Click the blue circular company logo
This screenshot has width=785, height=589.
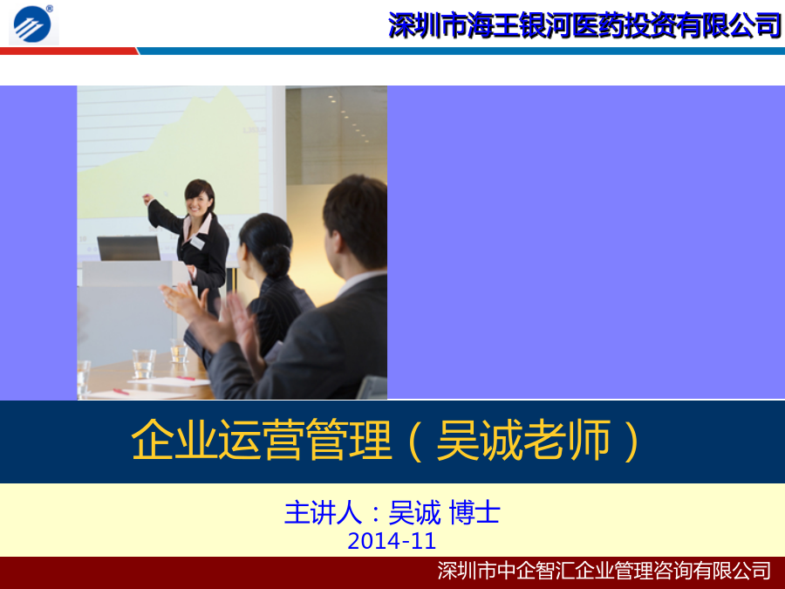(x=32, y=24)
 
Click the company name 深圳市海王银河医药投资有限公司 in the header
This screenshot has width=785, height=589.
(x=584, y=25)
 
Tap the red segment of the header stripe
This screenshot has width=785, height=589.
(x=69, y=51)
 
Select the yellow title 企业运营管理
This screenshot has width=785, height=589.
(x=261, y=441)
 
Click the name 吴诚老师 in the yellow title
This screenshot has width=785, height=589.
(x=523, y=441)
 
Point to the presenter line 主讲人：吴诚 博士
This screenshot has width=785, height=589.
(x=392, y=513)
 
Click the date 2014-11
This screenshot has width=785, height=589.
(x=392, y=541)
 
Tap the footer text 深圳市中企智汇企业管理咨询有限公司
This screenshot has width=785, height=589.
(x=604, y=571)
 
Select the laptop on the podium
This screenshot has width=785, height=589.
(x=129, y=248)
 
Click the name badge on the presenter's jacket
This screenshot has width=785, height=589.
(x=198, y=243)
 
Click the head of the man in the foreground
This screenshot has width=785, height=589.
(x=355, y=223)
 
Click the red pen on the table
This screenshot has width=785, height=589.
(x=120, y=391)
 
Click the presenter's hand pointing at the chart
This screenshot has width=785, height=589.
(x=147, y=199)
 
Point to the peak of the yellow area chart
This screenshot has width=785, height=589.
(x=226, y=89)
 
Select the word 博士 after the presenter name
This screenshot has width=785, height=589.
(x=474, y=513)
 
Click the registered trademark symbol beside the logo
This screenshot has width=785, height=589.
(x=50, y=9)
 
